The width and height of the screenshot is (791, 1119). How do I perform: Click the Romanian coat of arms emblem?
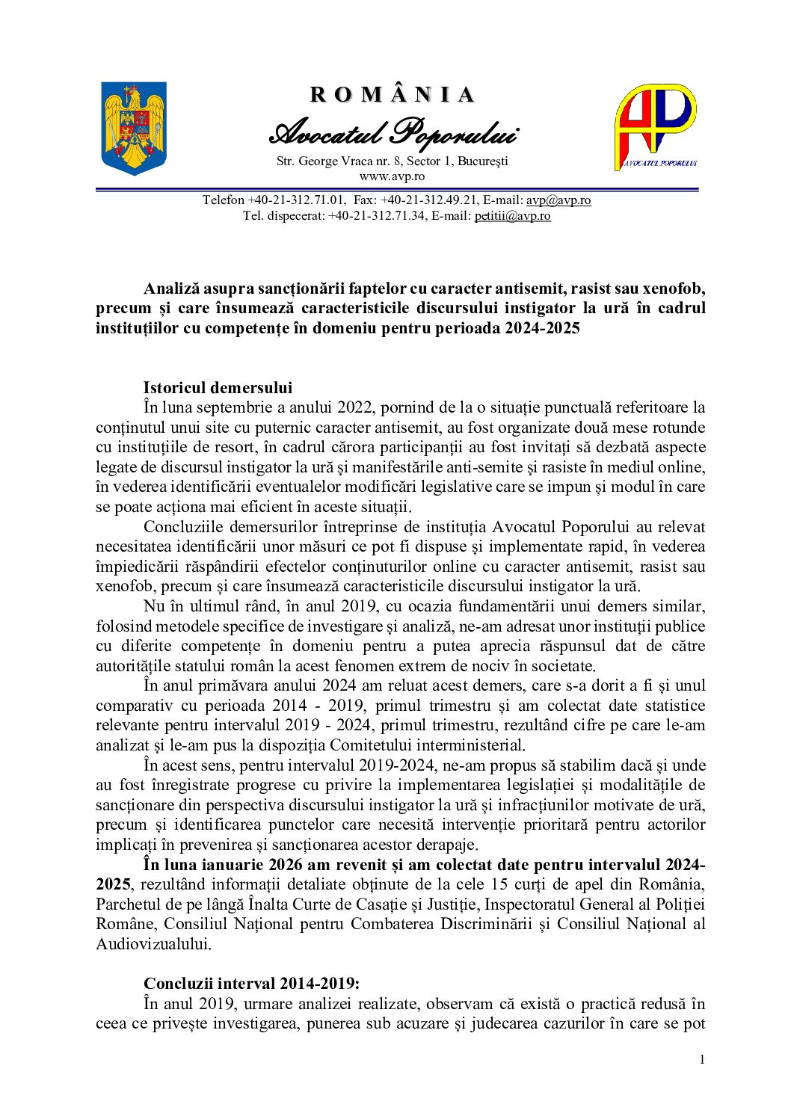click(134, 128)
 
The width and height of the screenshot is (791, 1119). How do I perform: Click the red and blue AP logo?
click(656, 126)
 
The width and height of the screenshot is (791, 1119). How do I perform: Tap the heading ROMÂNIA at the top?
click(393, 95)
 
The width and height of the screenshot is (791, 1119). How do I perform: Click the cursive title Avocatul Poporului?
click(393, 133)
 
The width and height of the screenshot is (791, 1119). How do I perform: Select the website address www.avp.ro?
click(392, 176)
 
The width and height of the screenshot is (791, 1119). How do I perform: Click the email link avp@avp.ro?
click(558, 200)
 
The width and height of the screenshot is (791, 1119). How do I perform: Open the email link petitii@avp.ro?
click(512, 216)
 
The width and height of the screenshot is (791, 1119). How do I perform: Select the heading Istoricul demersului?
click(218, 387)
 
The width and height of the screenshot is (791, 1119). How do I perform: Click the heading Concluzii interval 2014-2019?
click(252, 984)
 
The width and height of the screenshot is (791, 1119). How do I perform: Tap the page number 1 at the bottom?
click(701, 1059)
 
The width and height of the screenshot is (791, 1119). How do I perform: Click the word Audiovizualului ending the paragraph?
click(153, 944)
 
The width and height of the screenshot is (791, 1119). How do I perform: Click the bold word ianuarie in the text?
click(231, 865)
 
